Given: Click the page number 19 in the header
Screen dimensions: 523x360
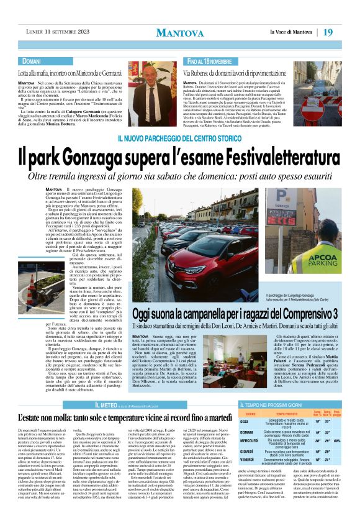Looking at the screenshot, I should (346, 32).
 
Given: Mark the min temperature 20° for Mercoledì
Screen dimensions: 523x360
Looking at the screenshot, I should (318, 441).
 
